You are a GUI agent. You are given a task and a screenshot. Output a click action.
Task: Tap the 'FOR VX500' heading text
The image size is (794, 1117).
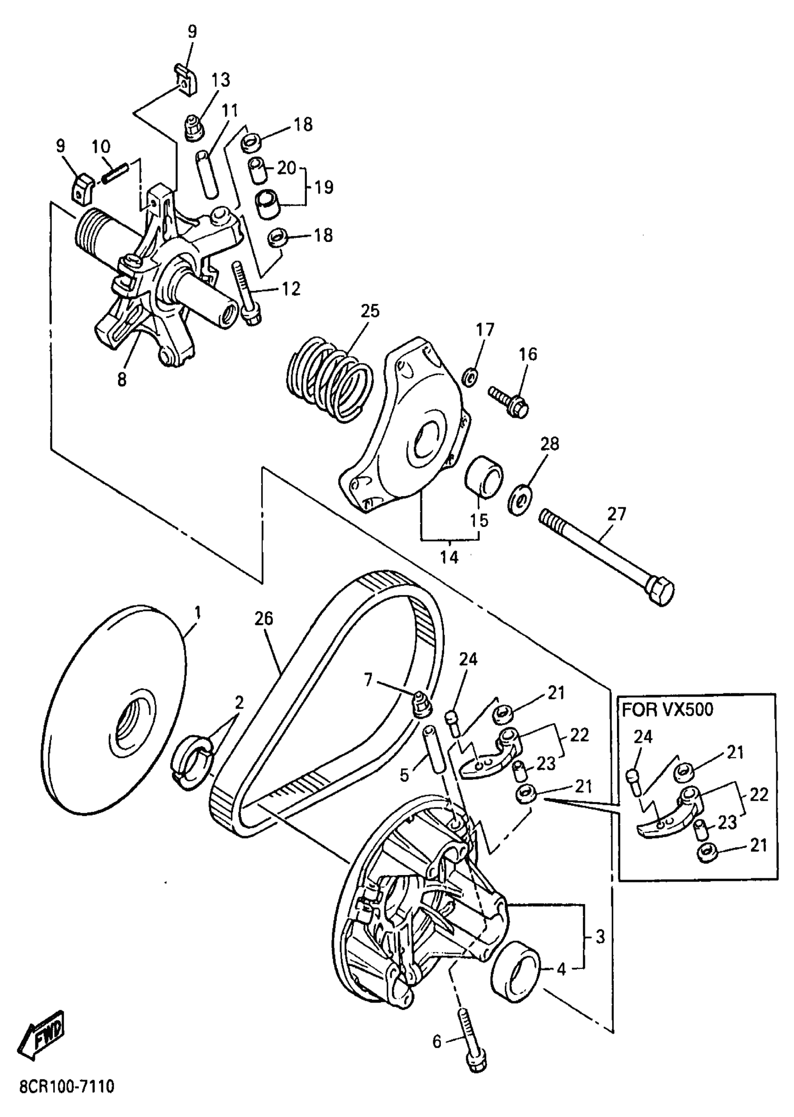coord(667,710)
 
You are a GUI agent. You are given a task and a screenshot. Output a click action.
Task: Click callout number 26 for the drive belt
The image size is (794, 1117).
coord(263,619)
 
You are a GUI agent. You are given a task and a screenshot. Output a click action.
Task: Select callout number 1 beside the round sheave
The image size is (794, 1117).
coord(198,612)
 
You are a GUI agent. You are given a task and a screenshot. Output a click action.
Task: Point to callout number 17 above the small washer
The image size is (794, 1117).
coord(485,330)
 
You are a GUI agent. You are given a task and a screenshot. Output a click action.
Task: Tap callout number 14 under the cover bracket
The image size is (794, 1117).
coord(449,556)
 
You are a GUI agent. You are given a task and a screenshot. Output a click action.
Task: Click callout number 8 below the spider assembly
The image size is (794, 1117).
coord(122,379)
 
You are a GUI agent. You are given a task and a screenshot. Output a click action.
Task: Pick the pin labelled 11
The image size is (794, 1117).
coord(206,174)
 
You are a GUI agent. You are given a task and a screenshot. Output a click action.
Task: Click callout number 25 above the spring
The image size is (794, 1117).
coord(370,311)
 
